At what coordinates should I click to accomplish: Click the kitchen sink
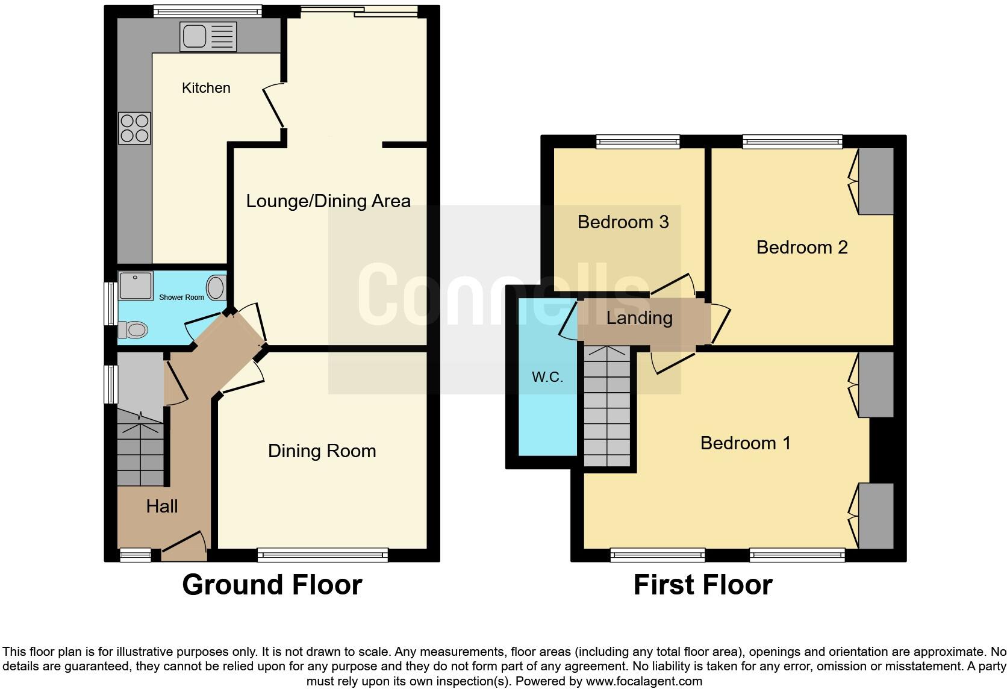tap(208, 36)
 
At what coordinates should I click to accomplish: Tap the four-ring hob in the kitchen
tap(134, 128)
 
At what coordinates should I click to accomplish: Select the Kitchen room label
tap(206, 88)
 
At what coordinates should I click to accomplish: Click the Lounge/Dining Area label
tap(328, 201)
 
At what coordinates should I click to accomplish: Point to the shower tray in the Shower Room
tap(136, 285)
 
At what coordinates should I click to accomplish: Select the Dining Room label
tap(322, 450)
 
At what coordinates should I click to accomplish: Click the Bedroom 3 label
tap(623, 222)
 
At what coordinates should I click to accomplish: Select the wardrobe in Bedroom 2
tap(875, 181)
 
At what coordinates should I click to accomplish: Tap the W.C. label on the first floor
tap(547, 377)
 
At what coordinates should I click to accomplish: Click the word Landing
tap(639, 317)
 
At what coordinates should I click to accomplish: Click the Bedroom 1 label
tap(745, 443)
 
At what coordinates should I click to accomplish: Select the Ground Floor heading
tap(272, 584)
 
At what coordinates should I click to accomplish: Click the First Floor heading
tap(702, 584)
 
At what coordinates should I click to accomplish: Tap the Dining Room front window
tap(323, 555)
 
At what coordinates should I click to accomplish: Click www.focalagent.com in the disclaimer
tap(643, 681)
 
